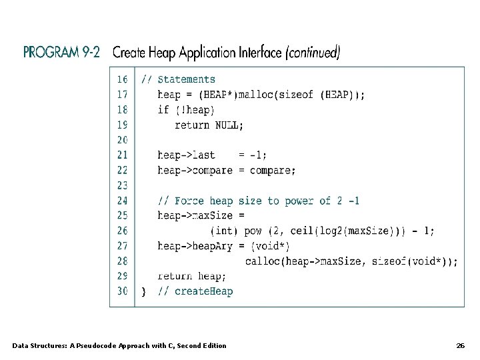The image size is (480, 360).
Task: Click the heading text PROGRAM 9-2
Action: click(x=61, y=53)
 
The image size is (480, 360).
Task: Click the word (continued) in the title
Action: click(x=312, y=53)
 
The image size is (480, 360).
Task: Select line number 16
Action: click(x=122, y=79)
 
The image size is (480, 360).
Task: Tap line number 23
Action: click(x=122, y=185)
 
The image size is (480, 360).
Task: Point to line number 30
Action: click(x=122, y=291)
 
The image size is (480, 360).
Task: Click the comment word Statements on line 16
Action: click(x=186, y=79)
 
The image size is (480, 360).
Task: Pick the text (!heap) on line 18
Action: click(x=195, y=110)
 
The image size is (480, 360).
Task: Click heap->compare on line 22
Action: click(x=195, y=170)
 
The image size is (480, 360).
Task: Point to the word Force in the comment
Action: click(x=189, y=201)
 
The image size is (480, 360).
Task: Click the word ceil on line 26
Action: click(x=301, y=231)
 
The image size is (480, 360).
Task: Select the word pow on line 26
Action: click(x=253, y=231)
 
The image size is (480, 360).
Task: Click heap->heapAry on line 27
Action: click(x=195, y=246)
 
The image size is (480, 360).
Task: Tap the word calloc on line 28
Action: click(x=262, y=261)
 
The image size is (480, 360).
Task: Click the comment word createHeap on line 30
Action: click(x=203, y=291)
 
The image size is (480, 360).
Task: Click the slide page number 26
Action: click(x=460, y=345)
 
